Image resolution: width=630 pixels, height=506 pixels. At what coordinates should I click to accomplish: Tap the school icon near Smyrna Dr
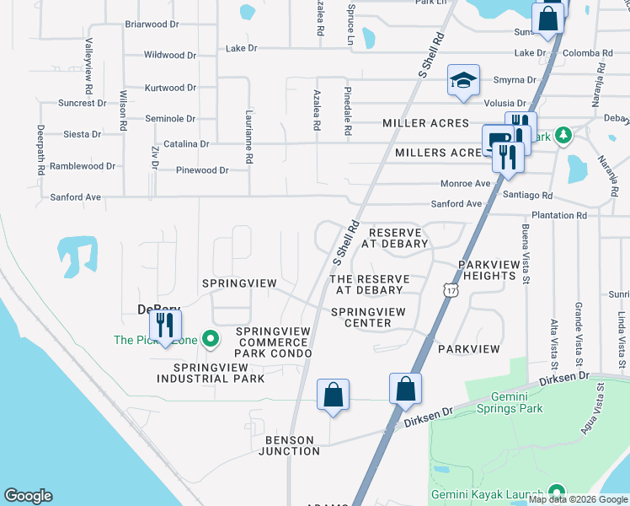[x=462, y=81]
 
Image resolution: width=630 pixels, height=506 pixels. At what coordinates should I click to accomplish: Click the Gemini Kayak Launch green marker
[x=556, y=493]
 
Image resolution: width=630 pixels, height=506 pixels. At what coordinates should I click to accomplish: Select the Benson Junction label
[x=292, y=445]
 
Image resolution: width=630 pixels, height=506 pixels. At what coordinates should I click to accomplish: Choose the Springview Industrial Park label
[x=219, y=373]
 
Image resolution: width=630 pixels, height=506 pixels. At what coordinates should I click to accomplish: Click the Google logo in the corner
[x=28, y=496]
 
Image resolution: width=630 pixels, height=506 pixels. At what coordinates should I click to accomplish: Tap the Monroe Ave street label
[x=466, y=184]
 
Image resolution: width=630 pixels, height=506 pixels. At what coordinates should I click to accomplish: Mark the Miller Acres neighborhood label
[x=425, y=123]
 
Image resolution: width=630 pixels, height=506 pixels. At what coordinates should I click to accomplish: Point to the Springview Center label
[x=368, y=317]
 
